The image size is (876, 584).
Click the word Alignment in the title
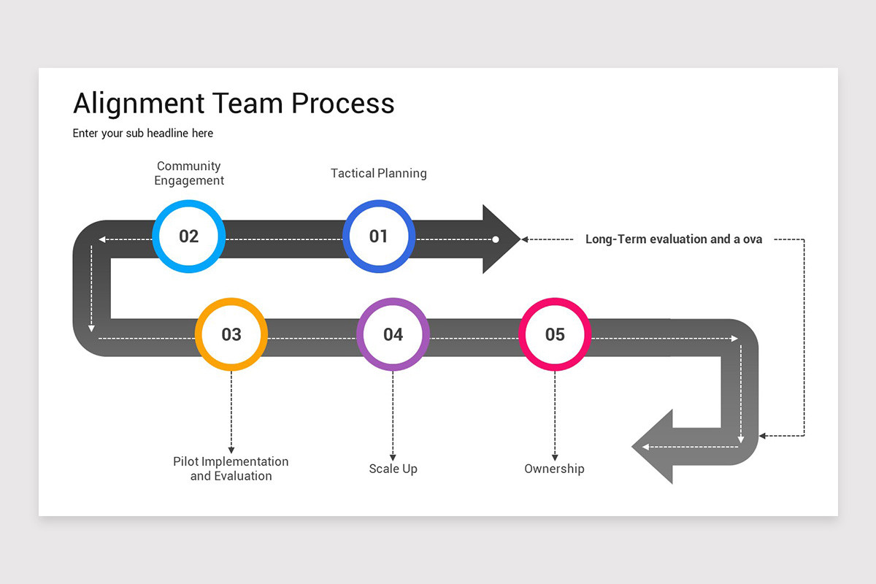139,104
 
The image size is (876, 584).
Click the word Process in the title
342,104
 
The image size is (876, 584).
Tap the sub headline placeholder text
143,133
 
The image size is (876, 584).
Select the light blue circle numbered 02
188,237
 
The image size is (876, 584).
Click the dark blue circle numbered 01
378,237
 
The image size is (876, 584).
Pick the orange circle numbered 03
231,334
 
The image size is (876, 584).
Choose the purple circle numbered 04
393,334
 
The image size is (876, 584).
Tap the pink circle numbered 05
555,334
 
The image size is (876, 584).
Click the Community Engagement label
189,174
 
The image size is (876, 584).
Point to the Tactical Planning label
378,174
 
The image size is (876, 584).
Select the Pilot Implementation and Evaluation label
231,469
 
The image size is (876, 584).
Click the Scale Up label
393,469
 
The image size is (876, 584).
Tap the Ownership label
554,469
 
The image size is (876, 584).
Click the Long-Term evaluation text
673,239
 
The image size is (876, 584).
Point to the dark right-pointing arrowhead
499,239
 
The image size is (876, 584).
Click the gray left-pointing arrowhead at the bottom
653,447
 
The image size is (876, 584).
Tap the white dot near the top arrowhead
496,239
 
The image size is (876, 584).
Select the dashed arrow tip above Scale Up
393,456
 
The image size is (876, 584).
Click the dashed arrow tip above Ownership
555,456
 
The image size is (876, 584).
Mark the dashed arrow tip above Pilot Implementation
231,449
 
